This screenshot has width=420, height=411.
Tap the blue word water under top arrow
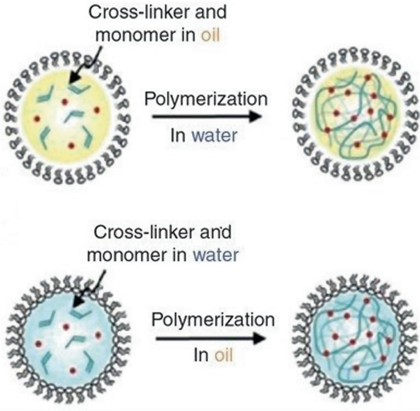coord(210,134)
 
